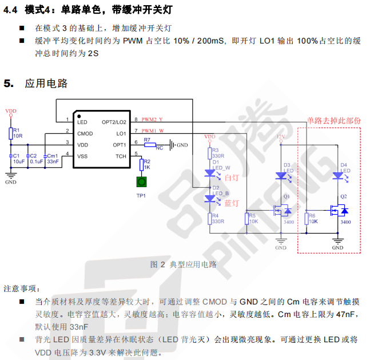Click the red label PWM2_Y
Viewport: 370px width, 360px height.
coord(153,120)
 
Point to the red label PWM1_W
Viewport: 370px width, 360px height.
coord(153,131)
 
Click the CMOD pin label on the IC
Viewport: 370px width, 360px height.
coord(85,133)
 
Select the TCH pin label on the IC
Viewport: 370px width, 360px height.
coord(121,156)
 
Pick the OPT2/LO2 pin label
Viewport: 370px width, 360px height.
coord(114,122)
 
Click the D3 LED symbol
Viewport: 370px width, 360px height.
coord(281,175)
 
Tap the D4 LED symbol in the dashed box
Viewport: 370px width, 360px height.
coord(338,175)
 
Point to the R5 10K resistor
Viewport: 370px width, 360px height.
coord(247,219)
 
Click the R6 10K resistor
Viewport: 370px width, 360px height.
coord(306,219)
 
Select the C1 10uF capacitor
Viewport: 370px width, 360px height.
coord(11,156)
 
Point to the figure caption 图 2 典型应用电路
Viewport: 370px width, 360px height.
coord(184,264)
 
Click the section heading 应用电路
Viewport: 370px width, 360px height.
coord(46,84)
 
